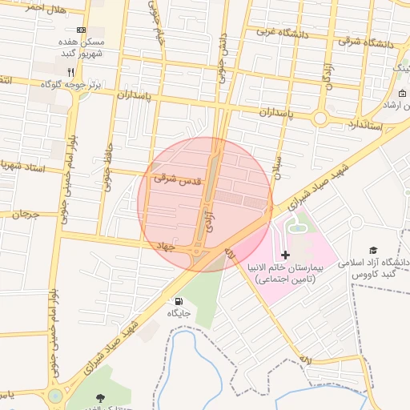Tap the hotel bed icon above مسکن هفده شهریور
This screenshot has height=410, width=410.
tap(81, 30)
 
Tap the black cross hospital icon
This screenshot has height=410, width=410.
tap(286, 254)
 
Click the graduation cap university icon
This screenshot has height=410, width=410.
tap(372, 251)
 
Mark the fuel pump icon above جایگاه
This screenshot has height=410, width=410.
tap(176, 301)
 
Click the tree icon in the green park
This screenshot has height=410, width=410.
tap(99, 397)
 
